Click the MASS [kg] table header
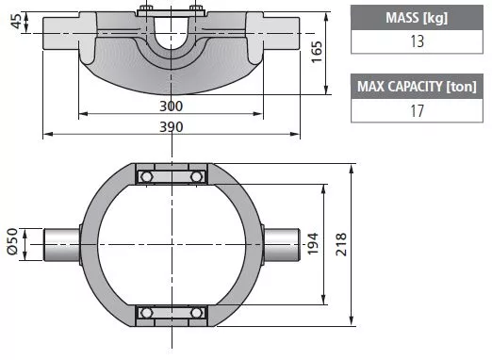tap(417, 18)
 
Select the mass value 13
tap(417, 41)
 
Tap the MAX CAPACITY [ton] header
tap(417, 87)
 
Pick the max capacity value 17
tap(417, 111)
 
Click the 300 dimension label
tap(171, 106)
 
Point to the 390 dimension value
tap(171, 127)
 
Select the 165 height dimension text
tap(317, 52)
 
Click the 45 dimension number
tap(17, 21)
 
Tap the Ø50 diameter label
tap(12, 241)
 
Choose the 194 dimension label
tap(313, 244)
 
